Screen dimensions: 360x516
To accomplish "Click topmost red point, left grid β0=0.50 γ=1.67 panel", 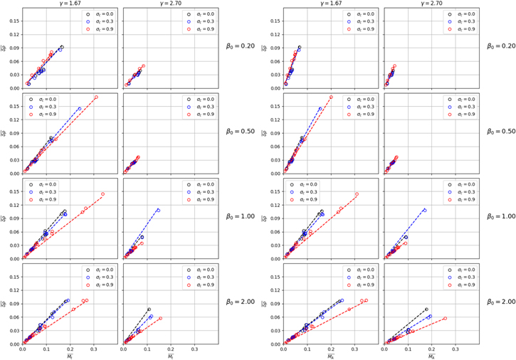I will tap(96, 97).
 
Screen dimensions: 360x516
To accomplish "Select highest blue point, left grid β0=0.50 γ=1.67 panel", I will tap(79, 109).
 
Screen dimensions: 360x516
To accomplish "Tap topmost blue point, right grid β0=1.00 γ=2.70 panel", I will tap(425, 210).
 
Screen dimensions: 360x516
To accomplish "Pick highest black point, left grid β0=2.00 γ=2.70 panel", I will tap(149, 309).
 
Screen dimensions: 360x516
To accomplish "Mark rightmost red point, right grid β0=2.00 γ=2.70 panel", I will tap(446, 318).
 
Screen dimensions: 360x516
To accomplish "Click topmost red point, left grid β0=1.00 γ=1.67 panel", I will tap(102, 194).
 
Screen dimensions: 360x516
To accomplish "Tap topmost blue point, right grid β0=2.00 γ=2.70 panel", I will tap(430, 316).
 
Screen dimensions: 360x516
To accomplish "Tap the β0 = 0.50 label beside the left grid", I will tap(238, 132).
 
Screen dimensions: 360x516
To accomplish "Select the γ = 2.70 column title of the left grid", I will tap(169, 4).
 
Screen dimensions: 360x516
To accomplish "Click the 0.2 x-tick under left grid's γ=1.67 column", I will tap(70, 349).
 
